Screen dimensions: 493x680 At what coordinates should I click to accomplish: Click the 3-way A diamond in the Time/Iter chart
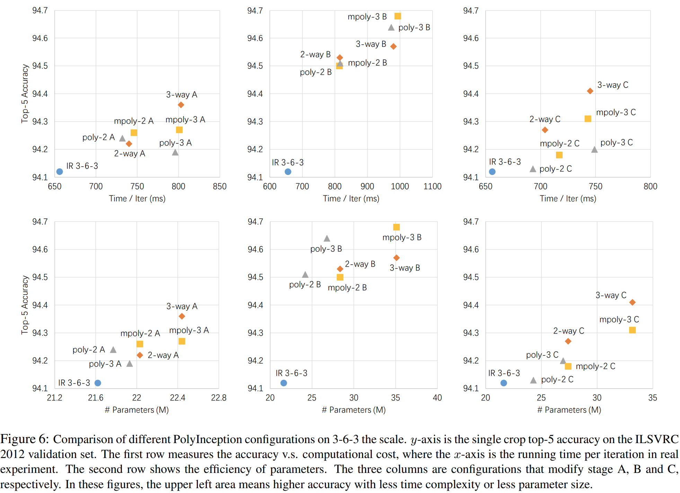[x=181, y=105]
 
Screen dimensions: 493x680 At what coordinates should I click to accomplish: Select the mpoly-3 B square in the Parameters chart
[x=396, y=227]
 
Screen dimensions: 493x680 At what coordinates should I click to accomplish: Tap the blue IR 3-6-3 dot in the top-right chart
[x=492, y=171]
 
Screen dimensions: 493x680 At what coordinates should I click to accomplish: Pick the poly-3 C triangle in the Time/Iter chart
[x=594, y=150]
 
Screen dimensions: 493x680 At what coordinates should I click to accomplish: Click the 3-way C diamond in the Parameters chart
[x=632, y=302]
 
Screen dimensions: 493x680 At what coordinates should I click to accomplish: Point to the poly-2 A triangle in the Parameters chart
[x=113, y=350]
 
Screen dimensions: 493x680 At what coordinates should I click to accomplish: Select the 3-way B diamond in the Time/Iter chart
[x=393, y=46]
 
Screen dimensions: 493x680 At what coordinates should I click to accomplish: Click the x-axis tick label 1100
[x=432, y=186]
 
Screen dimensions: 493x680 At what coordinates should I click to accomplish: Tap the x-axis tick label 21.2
[x=54, y=397]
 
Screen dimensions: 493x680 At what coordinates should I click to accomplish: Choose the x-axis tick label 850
[x=220, y=186]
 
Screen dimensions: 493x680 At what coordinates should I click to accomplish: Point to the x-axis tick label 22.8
[x=219, y=397]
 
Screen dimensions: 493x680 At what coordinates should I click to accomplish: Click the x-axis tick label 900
[x=367, y=186]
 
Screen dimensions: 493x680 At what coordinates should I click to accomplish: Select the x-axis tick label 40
[x=437, y=397]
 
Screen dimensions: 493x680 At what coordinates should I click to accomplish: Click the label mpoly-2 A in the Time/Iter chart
[x=134, y=121]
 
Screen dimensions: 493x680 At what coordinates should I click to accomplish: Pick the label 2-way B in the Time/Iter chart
[x=315, y=54]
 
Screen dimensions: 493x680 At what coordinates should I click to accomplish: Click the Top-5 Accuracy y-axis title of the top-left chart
[x=25, y=94]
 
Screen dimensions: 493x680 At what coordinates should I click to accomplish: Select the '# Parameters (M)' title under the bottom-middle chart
[x=354, y=410]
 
